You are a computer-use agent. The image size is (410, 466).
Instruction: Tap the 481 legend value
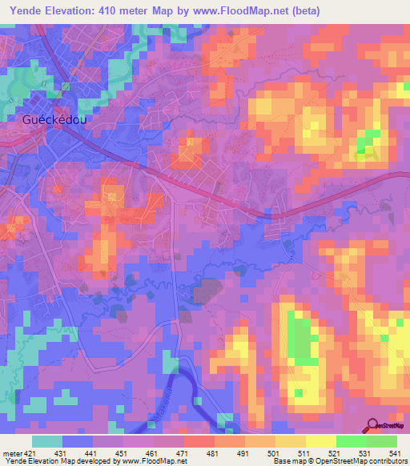pyautogui.click(x=213, y=452)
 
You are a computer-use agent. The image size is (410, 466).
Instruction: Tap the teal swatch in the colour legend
pyautogui.click(x=47, y=441)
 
